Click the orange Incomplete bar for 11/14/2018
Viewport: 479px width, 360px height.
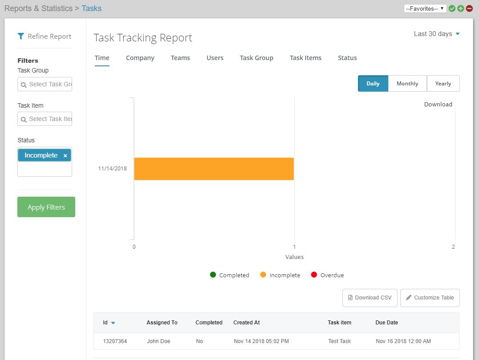tap(214, 169)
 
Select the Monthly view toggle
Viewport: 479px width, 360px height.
tap(407, 84)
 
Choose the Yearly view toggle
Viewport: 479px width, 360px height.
tap(443, 84)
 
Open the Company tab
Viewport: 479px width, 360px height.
tap(140, 58)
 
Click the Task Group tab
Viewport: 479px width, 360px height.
tap(256, 58)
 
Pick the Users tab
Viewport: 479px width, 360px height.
tap(215, 58)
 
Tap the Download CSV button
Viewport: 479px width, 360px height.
tap(369, 298)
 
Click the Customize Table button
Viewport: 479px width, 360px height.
tap(430, 298)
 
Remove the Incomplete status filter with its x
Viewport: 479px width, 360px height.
tap(65, 155)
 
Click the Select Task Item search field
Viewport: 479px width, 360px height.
tap(45, 119)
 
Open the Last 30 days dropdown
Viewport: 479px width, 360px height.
tap(436, 34)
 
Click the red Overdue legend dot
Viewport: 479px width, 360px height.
tap(314, 275)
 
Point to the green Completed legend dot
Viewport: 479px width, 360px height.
tap(213, 275)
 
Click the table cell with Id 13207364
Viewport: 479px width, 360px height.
tap(115, 341)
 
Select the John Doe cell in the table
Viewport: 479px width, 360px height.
tap(158, 341)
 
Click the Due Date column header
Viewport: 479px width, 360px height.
tap(387, 323)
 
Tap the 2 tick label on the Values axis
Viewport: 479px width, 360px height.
tap(453, 247)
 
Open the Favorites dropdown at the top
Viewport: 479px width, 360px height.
tap(425, 8)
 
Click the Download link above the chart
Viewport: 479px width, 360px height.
tap(438, 104)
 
